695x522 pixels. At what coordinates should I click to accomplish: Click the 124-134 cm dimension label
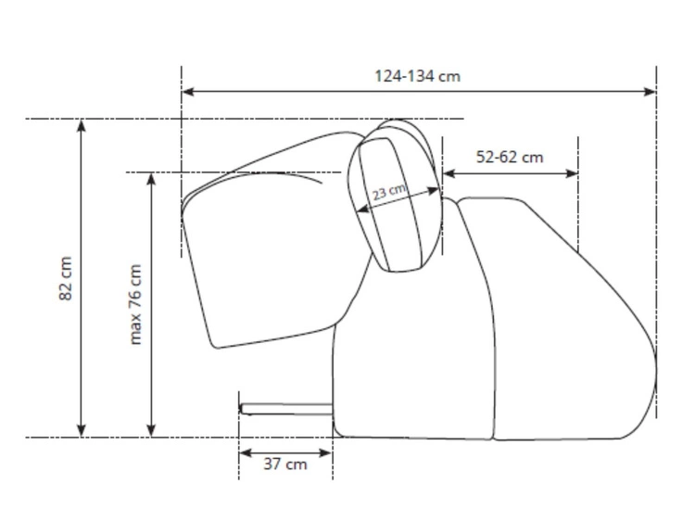418,76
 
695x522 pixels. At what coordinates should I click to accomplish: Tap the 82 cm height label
65,278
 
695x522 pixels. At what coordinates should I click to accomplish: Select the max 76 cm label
135,305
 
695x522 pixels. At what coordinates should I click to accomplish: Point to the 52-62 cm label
510,157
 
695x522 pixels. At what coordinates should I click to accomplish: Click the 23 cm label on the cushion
389,192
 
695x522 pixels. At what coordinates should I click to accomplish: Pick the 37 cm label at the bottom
285,464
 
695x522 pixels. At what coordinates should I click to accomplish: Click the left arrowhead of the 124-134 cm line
188,92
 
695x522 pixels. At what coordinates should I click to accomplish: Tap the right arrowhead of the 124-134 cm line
650,92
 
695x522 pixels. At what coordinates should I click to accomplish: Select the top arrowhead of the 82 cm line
81,125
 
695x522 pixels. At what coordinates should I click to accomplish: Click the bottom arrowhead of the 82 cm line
81,430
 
